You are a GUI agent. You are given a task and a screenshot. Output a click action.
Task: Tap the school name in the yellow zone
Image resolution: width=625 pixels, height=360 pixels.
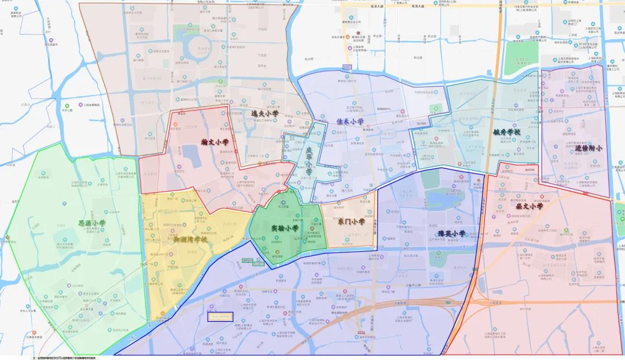[x=182, y=238]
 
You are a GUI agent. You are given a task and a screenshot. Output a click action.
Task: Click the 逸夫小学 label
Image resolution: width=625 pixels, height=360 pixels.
[x=264, y=114]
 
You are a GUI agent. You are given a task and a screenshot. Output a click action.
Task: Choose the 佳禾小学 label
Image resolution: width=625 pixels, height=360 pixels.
[x=350, y=122]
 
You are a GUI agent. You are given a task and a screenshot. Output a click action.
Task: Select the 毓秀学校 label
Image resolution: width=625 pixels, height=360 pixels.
[x=506, y=132]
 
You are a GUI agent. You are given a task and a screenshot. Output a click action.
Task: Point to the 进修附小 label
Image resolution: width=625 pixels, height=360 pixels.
[x=589, y=148]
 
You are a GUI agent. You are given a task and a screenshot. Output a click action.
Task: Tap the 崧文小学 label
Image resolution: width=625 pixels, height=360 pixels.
[x=529, y=205]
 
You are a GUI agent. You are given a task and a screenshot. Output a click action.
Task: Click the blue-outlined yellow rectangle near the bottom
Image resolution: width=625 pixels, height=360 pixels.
[x=220, y=317]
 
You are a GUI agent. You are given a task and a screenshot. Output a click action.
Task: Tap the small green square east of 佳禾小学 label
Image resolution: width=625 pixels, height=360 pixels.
[x=434, y=108]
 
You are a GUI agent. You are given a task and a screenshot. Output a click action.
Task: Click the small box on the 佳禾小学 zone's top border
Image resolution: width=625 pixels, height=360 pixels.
[x=347, y=67]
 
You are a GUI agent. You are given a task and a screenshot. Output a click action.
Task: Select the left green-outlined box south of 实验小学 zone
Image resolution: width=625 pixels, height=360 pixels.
[x=248, y=261]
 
